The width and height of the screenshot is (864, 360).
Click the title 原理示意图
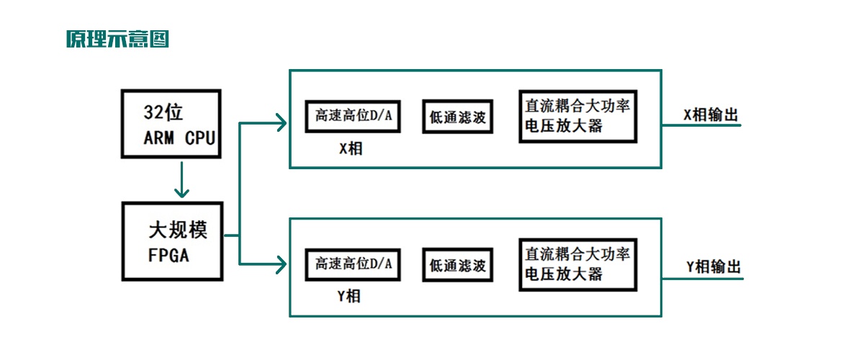coord(117,39)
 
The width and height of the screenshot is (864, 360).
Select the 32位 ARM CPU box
coord(171,124)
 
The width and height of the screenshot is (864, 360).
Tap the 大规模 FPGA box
coord(173,240)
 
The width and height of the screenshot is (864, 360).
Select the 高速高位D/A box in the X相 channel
coord(353,116)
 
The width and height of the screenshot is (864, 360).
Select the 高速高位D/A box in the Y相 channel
coord(353,265)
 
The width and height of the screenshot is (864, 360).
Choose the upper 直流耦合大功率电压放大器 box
coord(577,116)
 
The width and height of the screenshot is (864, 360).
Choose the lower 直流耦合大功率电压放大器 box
coord(577,264)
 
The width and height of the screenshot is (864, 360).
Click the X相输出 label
coord(711,115)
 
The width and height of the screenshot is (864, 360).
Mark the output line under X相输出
coord(701,125)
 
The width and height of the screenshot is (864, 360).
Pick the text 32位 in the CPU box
coord(163,113)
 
